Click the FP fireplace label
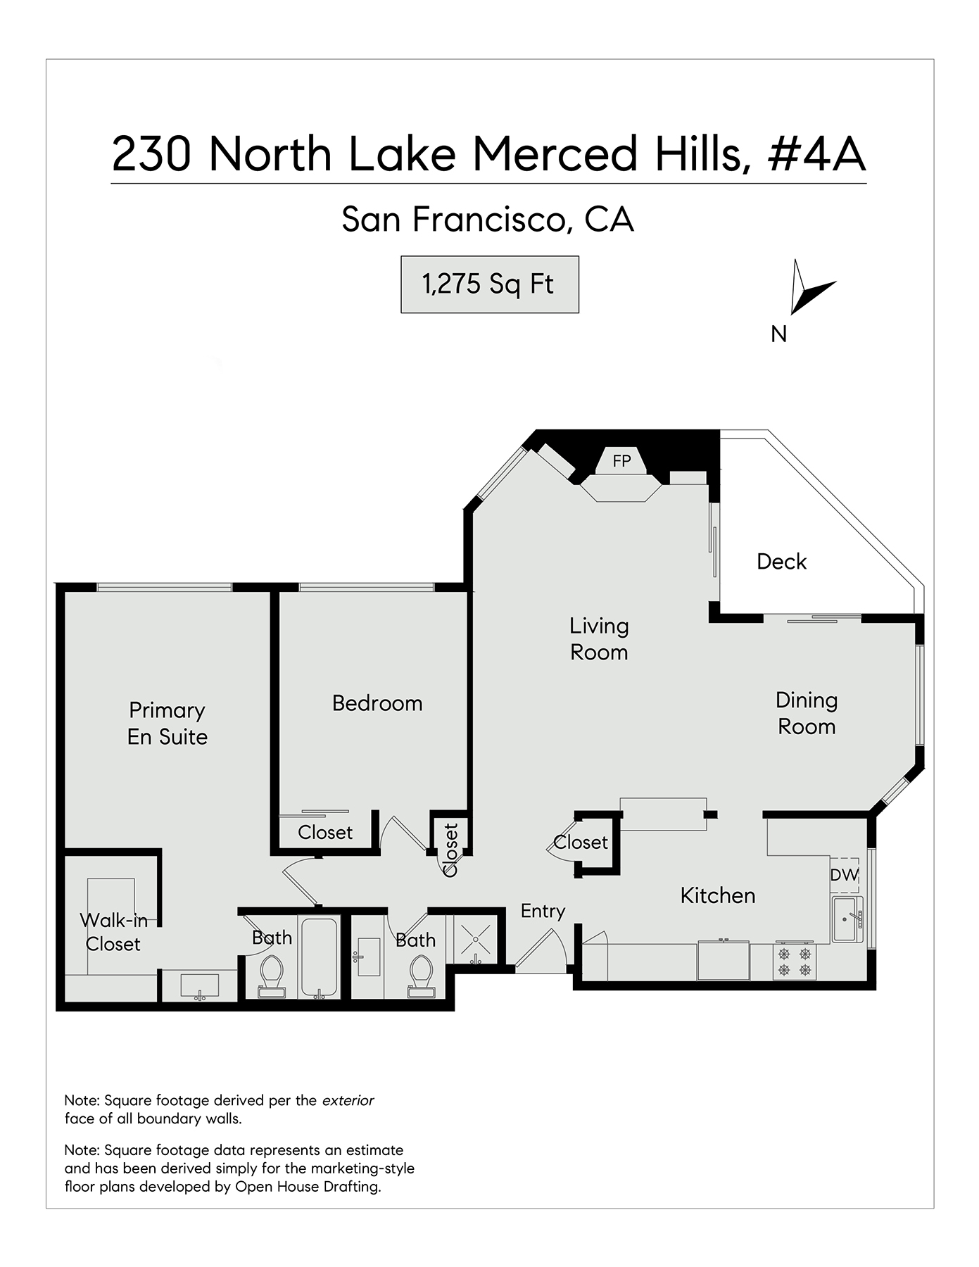point(621,461)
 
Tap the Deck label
point(781,562)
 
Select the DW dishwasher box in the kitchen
point(845,875)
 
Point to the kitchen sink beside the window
point(845,919)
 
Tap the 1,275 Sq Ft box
point(489,284)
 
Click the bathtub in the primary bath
point(319,957)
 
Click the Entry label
point(543,911)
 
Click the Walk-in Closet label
point(113,932)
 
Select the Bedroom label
point(377,703)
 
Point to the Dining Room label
point(807,713)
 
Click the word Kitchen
point(717,895)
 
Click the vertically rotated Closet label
point(450,850)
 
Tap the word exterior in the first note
point(348,1100)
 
